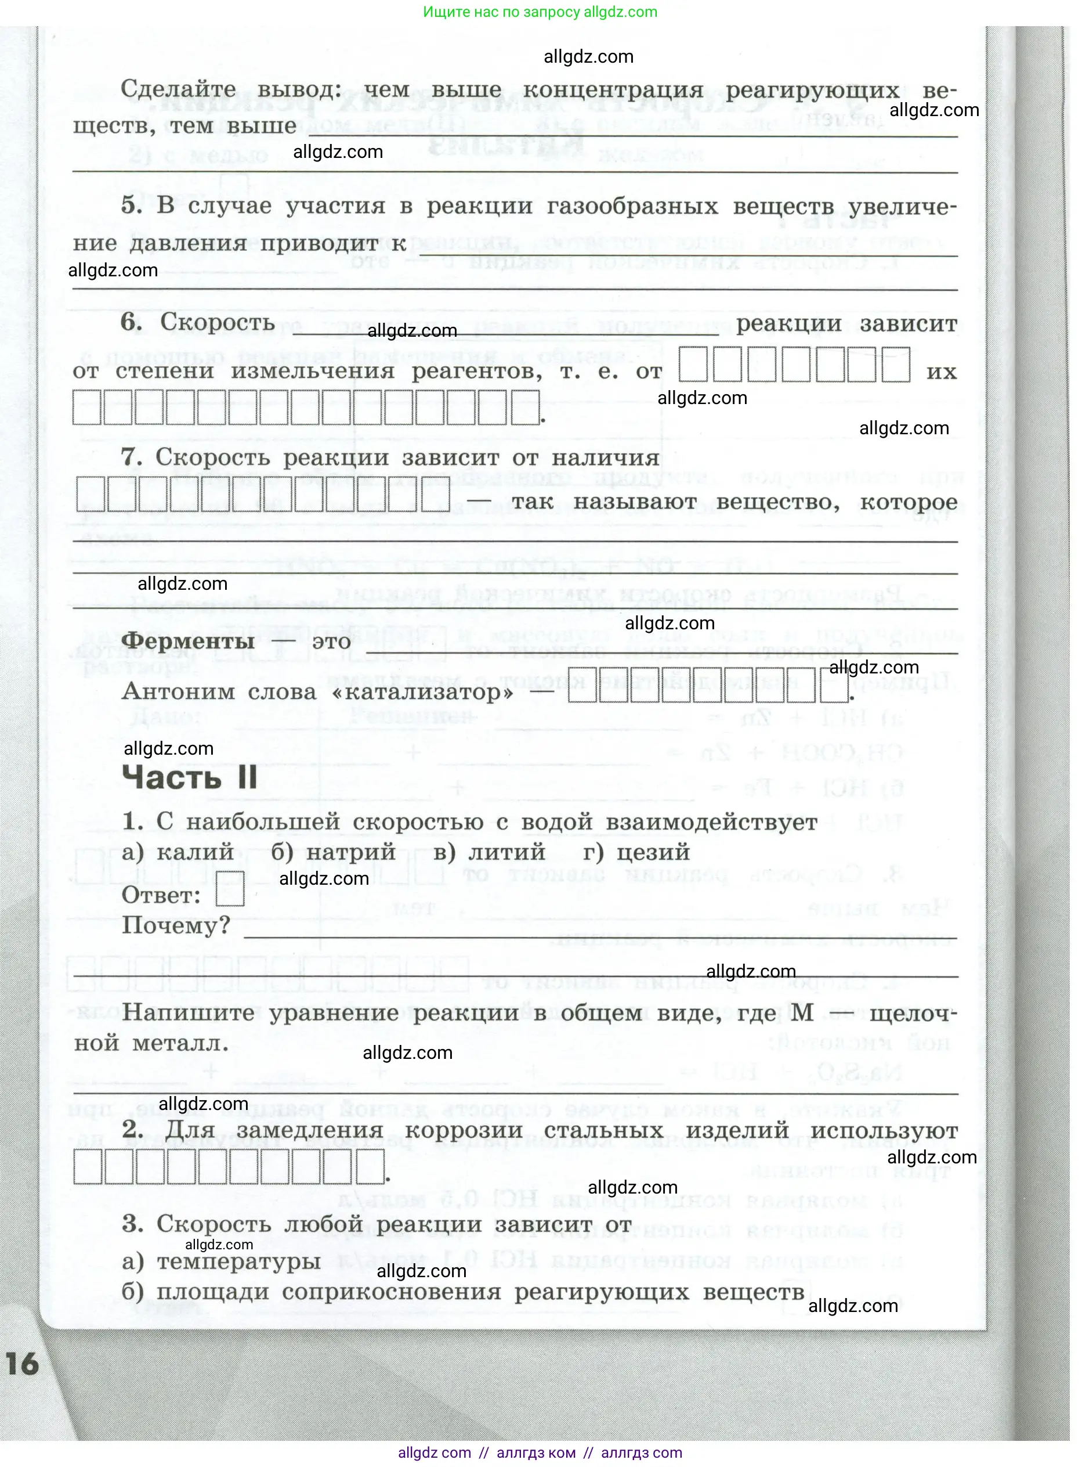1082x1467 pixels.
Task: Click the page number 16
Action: tap(22, 1364)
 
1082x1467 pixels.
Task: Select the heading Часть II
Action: tap(189, 778)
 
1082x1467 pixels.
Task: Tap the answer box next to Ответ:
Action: tap(230, 890)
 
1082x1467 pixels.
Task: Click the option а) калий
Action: tap(178, 852)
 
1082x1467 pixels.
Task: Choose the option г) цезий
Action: tap(636, 852)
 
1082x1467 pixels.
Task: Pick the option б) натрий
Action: tap(334, 852)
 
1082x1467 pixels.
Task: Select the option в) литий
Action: tap(489, 852)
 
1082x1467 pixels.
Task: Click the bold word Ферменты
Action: tap(188, 640)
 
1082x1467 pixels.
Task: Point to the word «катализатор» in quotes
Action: tap(423, 691)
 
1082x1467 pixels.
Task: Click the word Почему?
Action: tap(176, 925)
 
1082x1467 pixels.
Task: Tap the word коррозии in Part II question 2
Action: tap(464, 1130)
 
